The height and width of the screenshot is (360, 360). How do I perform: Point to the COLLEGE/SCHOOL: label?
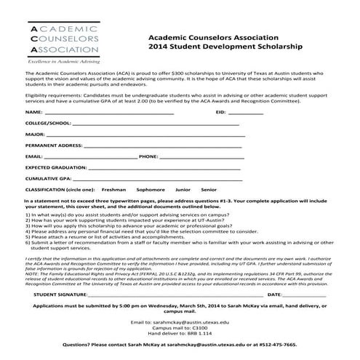(x=49, y=124)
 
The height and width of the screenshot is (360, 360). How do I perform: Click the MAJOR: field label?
(x=35, y=135)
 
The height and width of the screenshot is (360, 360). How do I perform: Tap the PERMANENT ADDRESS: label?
(x=53, y=145)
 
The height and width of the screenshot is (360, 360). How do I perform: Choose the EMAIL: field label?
(x=33, y=156)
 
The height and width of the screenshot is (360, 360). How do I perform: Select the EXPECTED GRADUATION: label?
(x=55, y=167)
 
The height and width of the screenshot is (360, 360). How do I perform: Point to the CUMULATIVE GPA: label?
(x=48, y=177)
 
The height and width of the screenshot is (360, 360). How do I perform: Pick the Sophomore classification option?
(x=151, y=188)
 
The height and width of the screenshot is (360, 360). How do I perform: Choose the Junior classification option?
(x=183, y=188)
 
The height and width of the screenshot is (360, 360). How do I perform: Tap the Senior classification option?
(x=209, y=188)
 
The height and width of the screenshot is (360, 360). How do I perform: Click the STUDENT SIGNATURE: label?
(x=60, y=295)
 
